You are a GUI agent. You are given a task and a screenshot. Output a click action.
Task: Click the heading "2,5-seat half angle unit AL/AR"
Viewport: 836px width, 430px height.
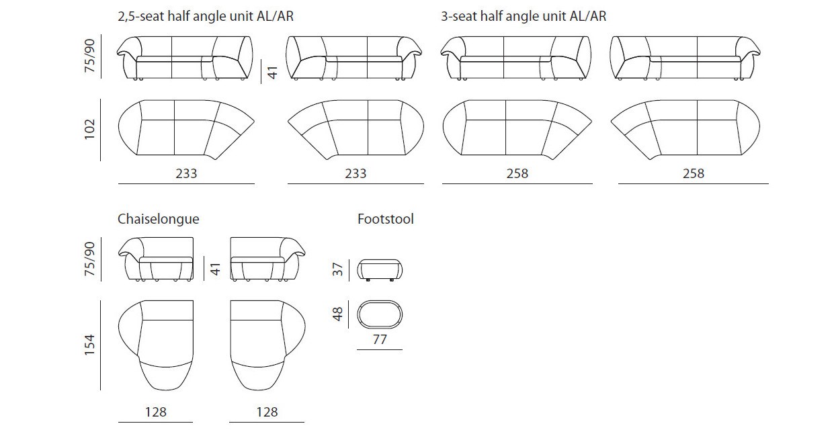point(206,16)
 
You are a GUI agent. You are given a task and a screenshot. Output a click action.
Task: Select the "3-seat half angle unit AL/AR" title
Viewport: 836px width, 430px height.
point(524,16)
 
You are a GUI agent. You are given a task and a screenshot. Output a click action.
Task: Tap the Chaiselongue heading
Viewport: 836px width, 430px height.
point(158,219)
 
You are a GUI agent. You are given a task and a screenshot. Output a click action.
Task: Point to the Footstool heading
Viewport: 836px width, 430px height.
point(386,219)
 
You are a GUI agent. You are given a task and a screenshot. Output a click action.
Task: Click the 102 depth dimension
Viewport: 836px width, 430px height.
point(90,130)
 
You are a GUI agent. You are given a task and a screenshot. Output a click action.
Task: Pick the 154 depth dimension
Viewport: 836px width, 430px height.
point(90,345)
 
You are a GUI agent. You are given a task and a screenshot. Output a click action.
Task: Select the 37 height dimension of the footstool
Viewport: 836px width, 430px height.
point(337,269)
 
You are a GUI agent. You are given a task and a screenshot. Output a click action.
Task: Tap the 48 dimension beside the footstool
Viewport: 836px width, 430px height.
point(337,314)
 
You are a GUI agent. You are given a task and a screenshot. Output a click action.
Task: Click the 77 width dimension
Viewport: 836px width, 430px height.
point(380,340)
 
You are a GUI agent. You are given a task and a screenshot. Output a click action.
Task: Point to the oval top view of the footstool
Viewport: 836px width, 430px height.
point(380,301)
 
